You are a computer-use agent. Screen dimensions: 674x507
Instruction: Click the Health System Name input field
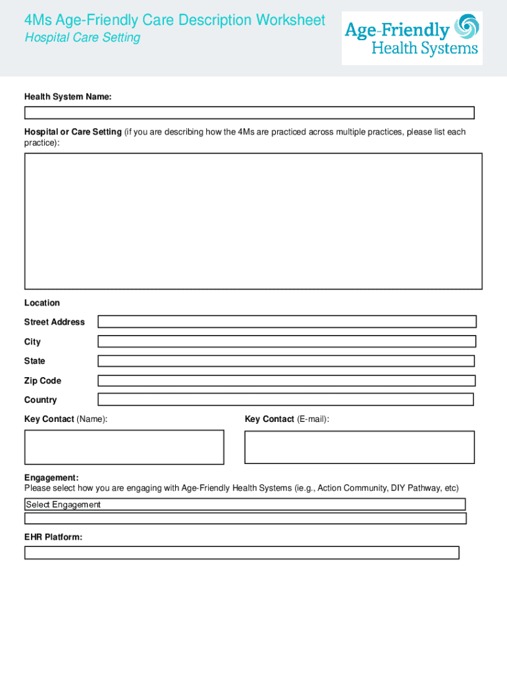click(249, 113)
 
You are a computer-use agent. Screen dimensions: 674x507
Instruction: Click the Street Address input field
click(286, 322)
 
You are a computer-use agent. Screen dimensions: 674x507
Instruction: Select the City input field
click(286, 342)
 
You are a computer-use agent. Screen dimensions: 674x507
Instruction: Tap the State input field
click(286, 361)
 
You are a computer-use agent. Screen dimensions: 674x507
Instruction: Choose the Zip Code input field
click(286, 380)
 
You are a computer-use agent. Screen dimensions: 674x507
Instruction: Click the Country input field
click(285, 400)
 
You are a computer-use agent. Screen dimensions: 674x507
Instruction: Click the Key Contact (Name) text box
click(124, 447)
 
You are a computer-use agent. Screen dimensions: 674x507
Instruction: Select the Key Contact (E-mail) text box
click(359, 447)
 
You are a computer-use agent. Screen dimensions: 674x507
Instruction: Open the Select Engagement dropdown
click(244, 505)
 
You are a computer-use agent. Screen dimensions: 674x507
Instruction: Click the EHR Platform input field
click(241, 553)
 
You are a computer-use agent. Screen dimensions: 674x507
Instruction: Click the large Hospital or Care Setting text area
click(253, 221)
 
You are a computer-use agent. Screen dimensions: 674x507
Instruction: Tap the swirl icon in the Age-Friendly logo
click(467, 27)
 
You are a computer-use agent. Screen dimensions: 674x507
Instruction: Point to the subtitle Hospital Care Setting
click(82, 38)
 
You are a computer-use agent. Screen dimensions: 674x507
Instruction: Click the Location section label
click(42, 303)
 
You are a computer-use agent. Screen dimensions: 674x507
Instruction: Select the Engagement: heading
click(51, 477)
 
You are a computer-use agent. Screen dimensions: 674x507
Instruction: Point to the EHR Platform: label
click(53, 537)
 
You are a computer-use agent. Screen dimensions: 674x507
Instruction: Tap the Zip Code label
click(43, 380)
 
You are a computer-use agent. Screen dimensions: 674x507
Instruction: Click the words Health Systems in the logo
click(425, 49)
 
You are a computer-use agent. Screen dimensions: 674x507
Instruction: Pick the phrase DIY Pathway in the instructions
click(415, 488)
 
